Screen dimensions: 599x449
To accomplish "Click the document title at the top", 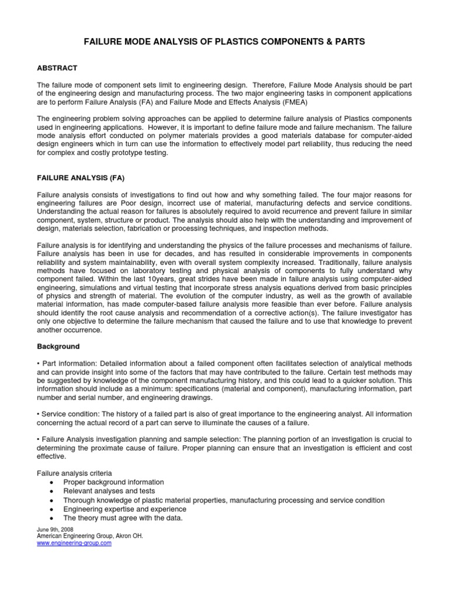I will click(x=224, y=42).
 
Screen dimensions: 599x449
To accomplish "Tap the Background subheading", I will click(x=58, y=346).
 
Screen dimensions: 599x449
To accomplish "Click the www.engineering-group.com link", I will click(x=74, y=543).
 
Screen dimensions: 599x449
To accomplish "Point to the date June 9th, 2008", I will click(x=51, y=529).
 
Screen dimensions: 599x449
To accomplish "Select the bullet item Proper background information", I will click(x=113, y=482).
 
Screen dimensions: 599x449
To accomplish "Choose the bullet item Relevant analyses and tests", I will click(x=109, y=491).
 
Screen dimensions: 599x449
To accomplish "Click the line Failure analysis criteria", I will click(x=75, y=473).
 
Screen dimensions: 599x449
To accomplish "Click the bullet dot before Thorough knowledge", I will click(x=52, y=501).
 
